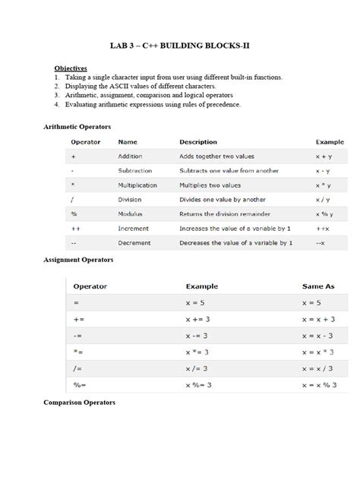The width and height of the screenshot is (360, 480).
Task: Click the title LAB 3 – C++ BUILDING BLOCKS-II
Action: pos(180,46)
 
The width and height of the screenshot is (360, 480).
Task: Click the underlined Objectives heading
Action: pos(71,68)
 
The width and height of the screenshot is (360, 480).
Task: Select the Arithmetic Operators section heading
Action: pos(78,126)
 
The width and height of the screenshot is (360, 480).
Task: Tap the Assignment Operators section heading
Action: pos(78,260)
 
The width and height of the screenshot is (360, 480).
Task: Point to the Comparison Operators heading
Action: pos(79,402)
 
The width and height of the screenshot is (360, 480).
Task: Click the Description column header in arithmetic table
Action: pos(198,141)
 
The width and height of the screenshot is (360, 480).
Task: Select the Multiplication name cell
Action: pos(137,185)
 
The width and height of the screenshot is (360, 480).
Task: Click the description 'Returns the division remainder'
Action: pos(225,214)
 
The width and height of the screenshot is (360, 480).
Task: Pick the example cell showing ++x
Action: pos(322,229)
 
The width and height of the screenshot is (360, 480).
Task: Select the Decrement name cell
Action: pos(134,243)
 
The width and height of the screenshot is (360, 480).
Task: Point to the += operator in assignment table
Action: pos(79,320)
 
